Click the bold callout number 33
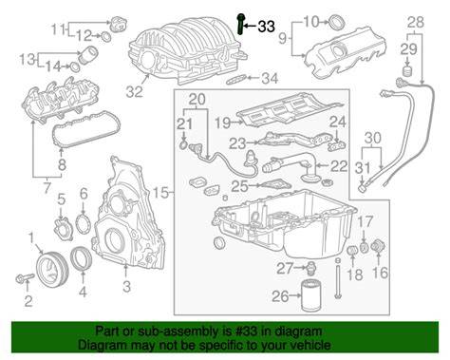(x=266, y=27)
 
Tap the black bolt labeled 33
(x=240, y=24)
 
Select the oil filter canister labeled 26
(x=309, y=295)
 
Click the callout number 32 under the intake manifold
(x=135, y=92)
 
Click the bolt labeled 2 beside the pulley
(x=25, y=278)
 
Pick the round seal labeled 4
(x=82, y=259)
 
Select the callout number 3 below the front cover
(x=126, y=287)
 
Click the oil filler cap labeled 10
(x=336, y=22)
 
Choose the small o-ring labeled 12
(x=106, y=37)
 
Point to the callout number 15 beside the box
(x=161, y=192)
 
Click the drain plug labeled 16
(x=379, y=247)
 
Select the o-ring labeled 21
(x=183, y=146)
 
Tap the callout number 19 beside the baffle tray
(x=223, y=123)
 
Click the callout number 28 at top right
(x=416, y=23)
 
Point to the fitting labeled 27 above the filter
(x=310, y=269)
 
